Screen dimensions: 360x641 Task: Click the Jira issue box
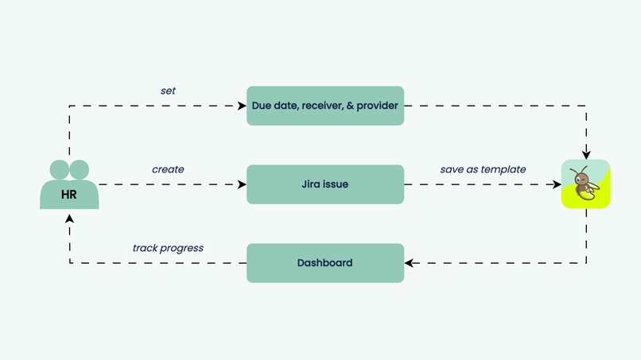[325, 184]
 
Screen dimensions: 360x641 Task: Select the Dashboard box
[325, 263]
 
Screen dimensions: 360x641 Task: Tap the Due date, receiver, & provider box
[325, 106]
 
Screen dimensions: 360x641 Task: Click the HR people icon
[69, 185]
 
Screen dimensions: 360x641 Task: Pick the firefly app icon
[585, 184]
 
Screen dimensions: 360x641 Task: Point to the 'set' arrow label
[168, 91]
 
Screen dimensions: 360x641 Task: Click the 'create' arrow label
[168, 169]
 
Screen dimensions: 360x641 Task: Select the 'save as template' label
[483, 169]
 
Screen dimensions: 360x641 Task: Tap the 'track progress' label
[168, 248]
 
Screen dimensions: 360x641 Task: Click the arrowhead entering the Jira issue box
[242, 184]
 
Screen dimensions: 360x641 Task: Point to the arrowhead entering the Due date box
[242, 106]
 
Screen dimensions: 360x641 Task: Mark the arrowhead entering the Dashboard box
[409, 263]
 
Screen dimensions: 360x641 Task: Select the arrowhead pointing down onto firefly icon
[586, 154]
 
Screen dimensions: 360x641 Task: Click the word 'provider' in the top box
[378, 106]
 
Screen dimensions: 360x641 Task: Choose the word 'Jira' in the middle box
[311, 184]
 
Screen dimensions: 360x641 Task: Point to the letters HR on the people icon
[69, 194]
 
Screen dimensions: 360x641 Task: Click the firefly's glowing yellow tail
[591, 190]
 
